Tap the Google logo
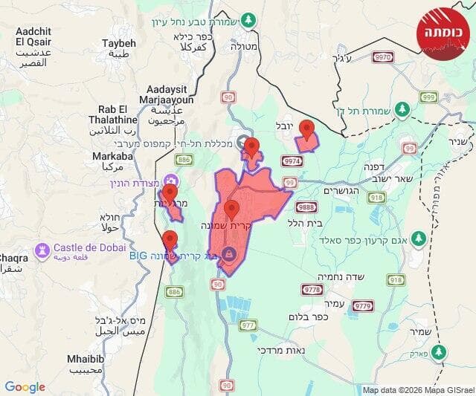25,387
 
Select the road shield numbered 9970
384,56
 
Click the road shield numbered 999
428,97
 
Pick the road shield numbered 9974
292,160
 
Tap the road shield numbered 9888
306,207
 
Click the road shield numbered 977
248,325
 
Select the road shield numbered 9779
362,305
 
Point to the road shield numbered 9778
312,289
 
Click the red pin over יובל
306,130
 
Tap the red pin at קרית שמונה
232,210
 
